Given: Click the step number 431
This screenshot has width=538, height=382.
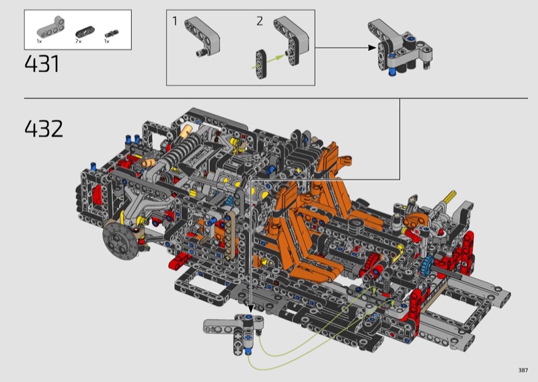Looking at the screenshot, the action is coord(42,64).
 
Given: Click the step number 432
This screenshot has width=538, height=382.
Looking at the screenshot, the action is coord(44,128).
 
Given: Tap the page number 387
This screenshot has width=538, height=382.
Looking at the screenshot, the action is coord(523,370).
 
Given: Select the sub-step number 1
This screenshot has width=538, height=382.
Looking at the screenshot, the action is coord(175,22).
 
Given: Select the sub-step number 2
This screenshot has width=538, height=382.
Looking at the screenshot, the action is coord(260,22).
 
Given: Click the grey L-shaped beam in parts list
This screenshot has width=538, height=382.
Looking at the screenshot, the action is coord(51,27).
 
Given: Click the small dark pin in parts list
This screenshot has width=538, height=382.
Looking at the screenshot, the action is coord(112,34).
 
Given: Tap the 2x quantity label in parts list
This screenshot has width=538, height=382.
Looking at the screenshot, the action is coord(79,41).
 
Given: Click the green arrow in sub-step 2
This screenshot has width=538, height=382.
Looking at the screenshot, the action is coord(268,61).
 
